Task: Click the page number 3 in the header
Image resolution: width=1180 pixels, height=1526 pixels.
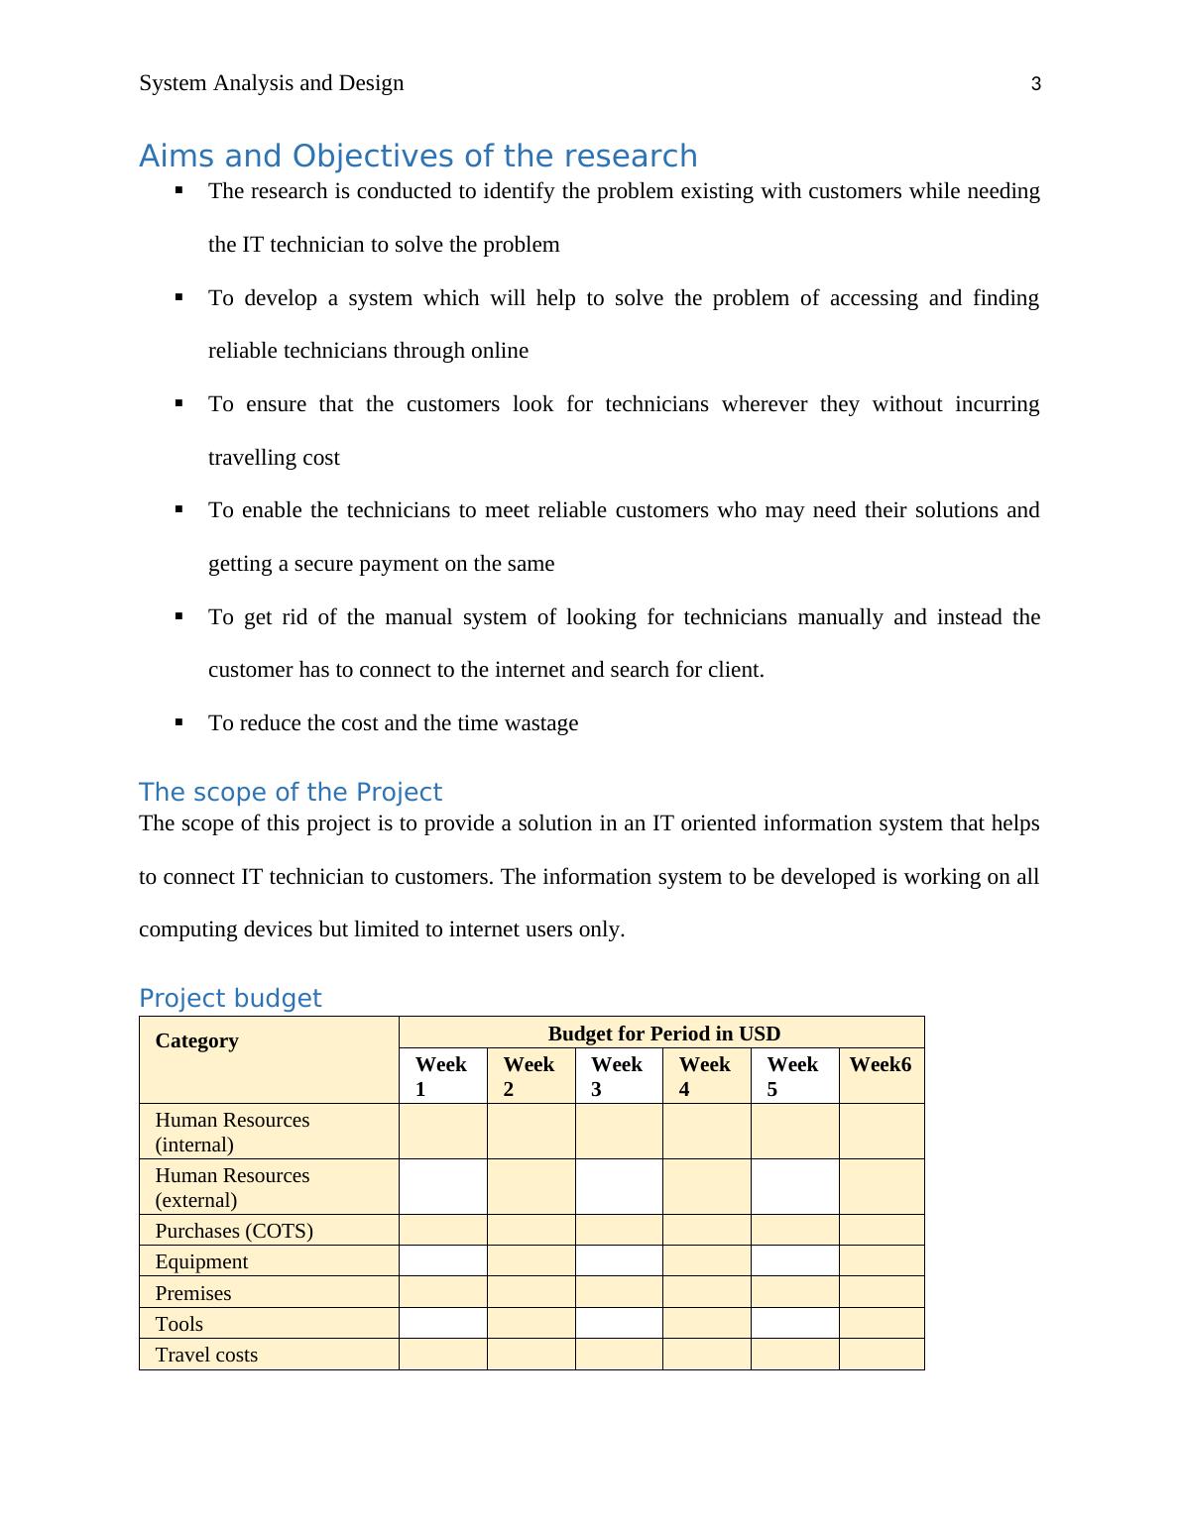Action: point(1036,84)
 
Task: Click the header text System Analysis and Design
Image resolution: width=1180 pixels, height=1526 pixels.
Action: point(271,83)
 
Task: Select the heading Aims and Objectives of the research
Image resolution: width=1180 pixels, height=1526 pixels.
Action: point(417,157)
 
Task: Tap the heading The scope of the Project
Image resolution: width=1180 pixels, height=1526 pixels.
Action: point(290,793)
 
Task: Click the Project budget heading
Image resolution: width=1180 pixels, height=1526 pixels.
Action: point(230,999)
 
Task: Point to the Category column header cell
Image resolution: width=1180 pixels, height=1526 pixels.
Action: point(197,1040)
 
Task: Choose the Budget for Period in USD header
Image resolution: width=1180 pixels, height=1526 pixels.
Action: point(663,1034)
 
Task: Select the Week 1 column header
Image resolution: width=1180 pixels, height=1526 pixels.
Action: point(441,1076)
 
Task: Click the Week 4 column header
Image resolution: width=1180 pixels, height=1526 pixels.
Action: point(705,1076)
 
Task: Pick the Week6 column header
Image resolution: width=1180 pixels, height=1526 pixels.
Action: point(881,1065)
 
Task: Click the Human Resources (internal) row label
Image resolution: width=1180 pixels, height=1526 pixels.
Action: point(232,1132)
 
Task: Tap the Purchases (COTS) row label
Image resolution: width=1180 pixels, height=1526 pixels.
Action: point(234,1231)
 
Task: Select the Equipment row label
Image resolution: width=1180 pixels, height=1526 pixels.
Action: point(201,1261)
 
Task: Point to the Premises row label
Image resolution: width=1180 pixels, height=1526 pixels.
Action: point(192,1293)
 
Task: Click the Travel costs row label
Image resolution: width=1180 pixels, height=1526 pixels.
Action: point(206,1355)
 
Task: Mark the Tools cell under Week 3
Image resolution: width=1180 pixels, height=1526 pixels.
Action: point(619,1323)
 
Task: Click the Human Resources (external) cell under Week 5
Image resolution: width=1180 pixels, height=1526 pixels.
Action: point(794,1187)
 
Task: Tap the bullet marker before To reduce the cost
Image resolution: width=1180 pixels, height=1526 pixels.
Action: point(179,722)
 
